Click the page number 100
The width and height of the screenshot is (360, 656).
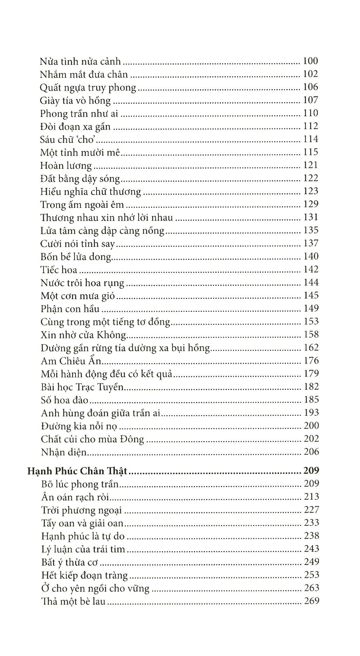click(x=310, y=61)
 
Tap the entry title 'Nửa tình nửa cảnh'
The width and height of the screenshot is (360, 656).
click(x=80, y=62)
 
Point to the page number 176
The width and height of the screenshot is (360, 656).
click(x=310, y=361)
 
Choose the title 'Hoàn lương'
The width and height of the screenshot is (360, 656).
click(x=66, y=166)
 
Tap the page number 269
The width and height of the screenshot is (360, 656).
click(x=310, y=601)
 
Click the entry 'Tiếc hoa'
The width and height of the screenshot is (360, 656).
click(x=59, y=270)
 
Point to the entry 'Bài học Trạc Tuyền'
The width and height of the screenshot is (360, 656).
click(x=83, y=387)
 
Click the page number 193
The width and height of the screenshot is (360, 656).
click(x=310, y=413)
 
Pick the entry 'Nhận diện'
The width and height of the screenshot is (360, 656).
click(x=64, y=452)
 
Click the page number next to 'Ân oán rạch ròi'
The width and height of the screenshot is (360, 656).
click(x=310, y=497)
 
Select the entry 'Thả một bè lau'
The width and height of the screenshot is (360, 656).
click(x=73, y=601)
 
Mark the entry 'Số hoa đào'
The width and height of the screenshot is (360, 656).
click(x=64, y=400)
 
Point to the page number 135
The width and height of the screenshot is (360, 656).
click(x=310, y=230)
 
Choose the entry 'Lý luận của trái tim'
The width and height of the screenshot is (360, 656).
click(x=83, y=549)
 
